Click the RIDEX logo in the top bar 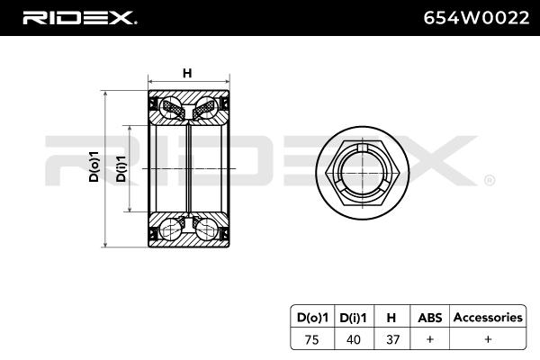tap(79, 16)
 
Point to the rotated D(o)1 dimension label tap(94, 167)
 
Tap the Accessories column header tap(487, 318)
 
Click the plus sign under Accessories tap(487, 339)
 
